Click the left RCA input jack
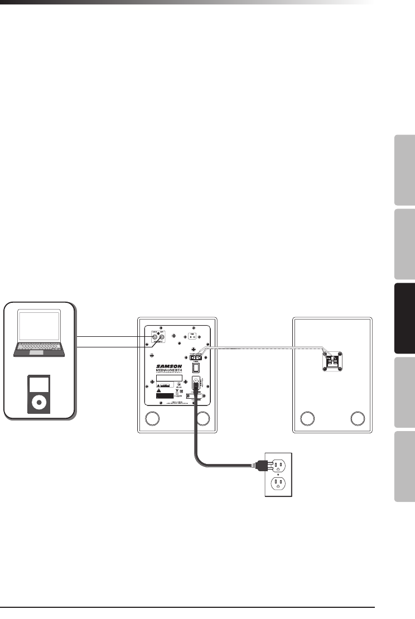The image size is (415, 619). coord(155,337)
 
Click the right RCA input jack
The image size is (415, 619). coord(162,337)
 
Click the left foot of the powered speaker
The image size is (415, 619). coord(152,418)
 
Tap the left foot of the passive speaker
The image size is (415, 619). coord(307,418)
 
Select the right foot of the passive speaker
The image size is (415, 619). coord(358,418)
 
